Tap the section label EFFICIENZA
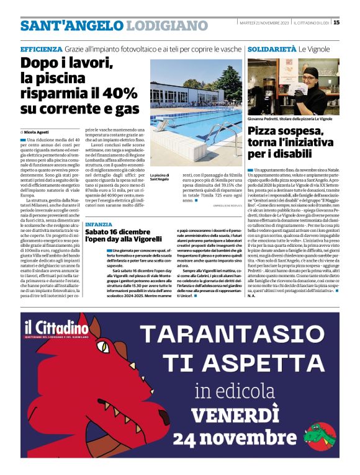41,48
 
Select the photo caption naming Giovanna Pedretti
290,118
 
